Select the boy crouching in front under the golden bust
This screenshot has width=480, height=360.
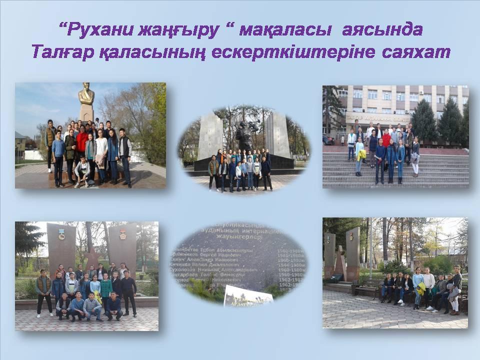click(82, 172)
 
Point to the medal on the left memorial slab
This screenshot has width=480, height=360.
click(61, 233)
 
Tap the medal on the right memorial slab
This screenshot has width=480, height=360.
click(122, 233)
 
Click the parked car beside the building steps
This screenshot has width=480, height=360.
click(328, 140)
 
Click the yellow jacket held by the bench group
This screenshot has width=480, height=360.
click(421, 289)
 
